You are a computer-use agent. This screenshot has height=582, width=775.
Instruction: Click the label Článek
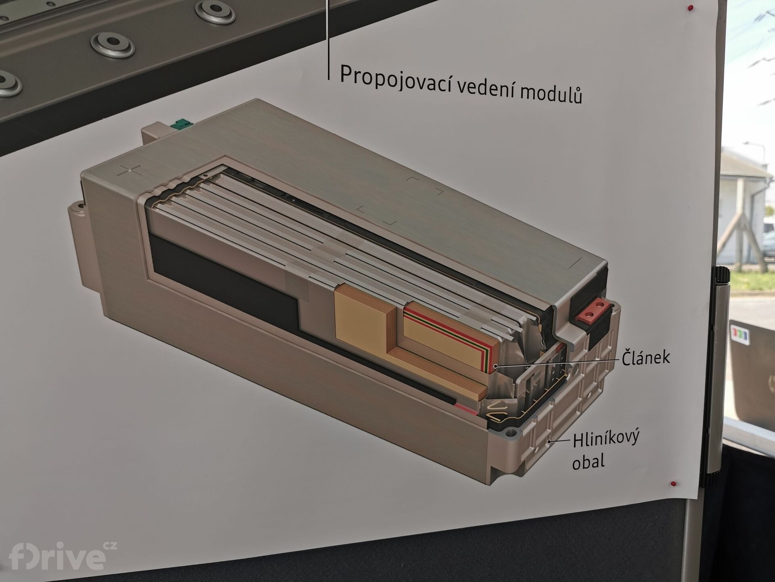(x=645, y=357)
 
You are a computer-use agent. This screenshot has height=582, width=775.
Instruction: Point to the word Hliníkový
(x=606, y=439)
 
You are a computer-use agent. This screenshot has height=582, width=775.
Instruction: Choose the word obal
(x=588, y=462)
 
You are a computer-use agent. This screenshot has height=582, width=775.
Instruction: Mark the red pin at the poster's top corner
(x=690, y=8)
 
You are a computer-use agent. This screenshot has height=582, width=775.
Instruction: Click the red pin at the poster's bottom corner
(x=672, y=483)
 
